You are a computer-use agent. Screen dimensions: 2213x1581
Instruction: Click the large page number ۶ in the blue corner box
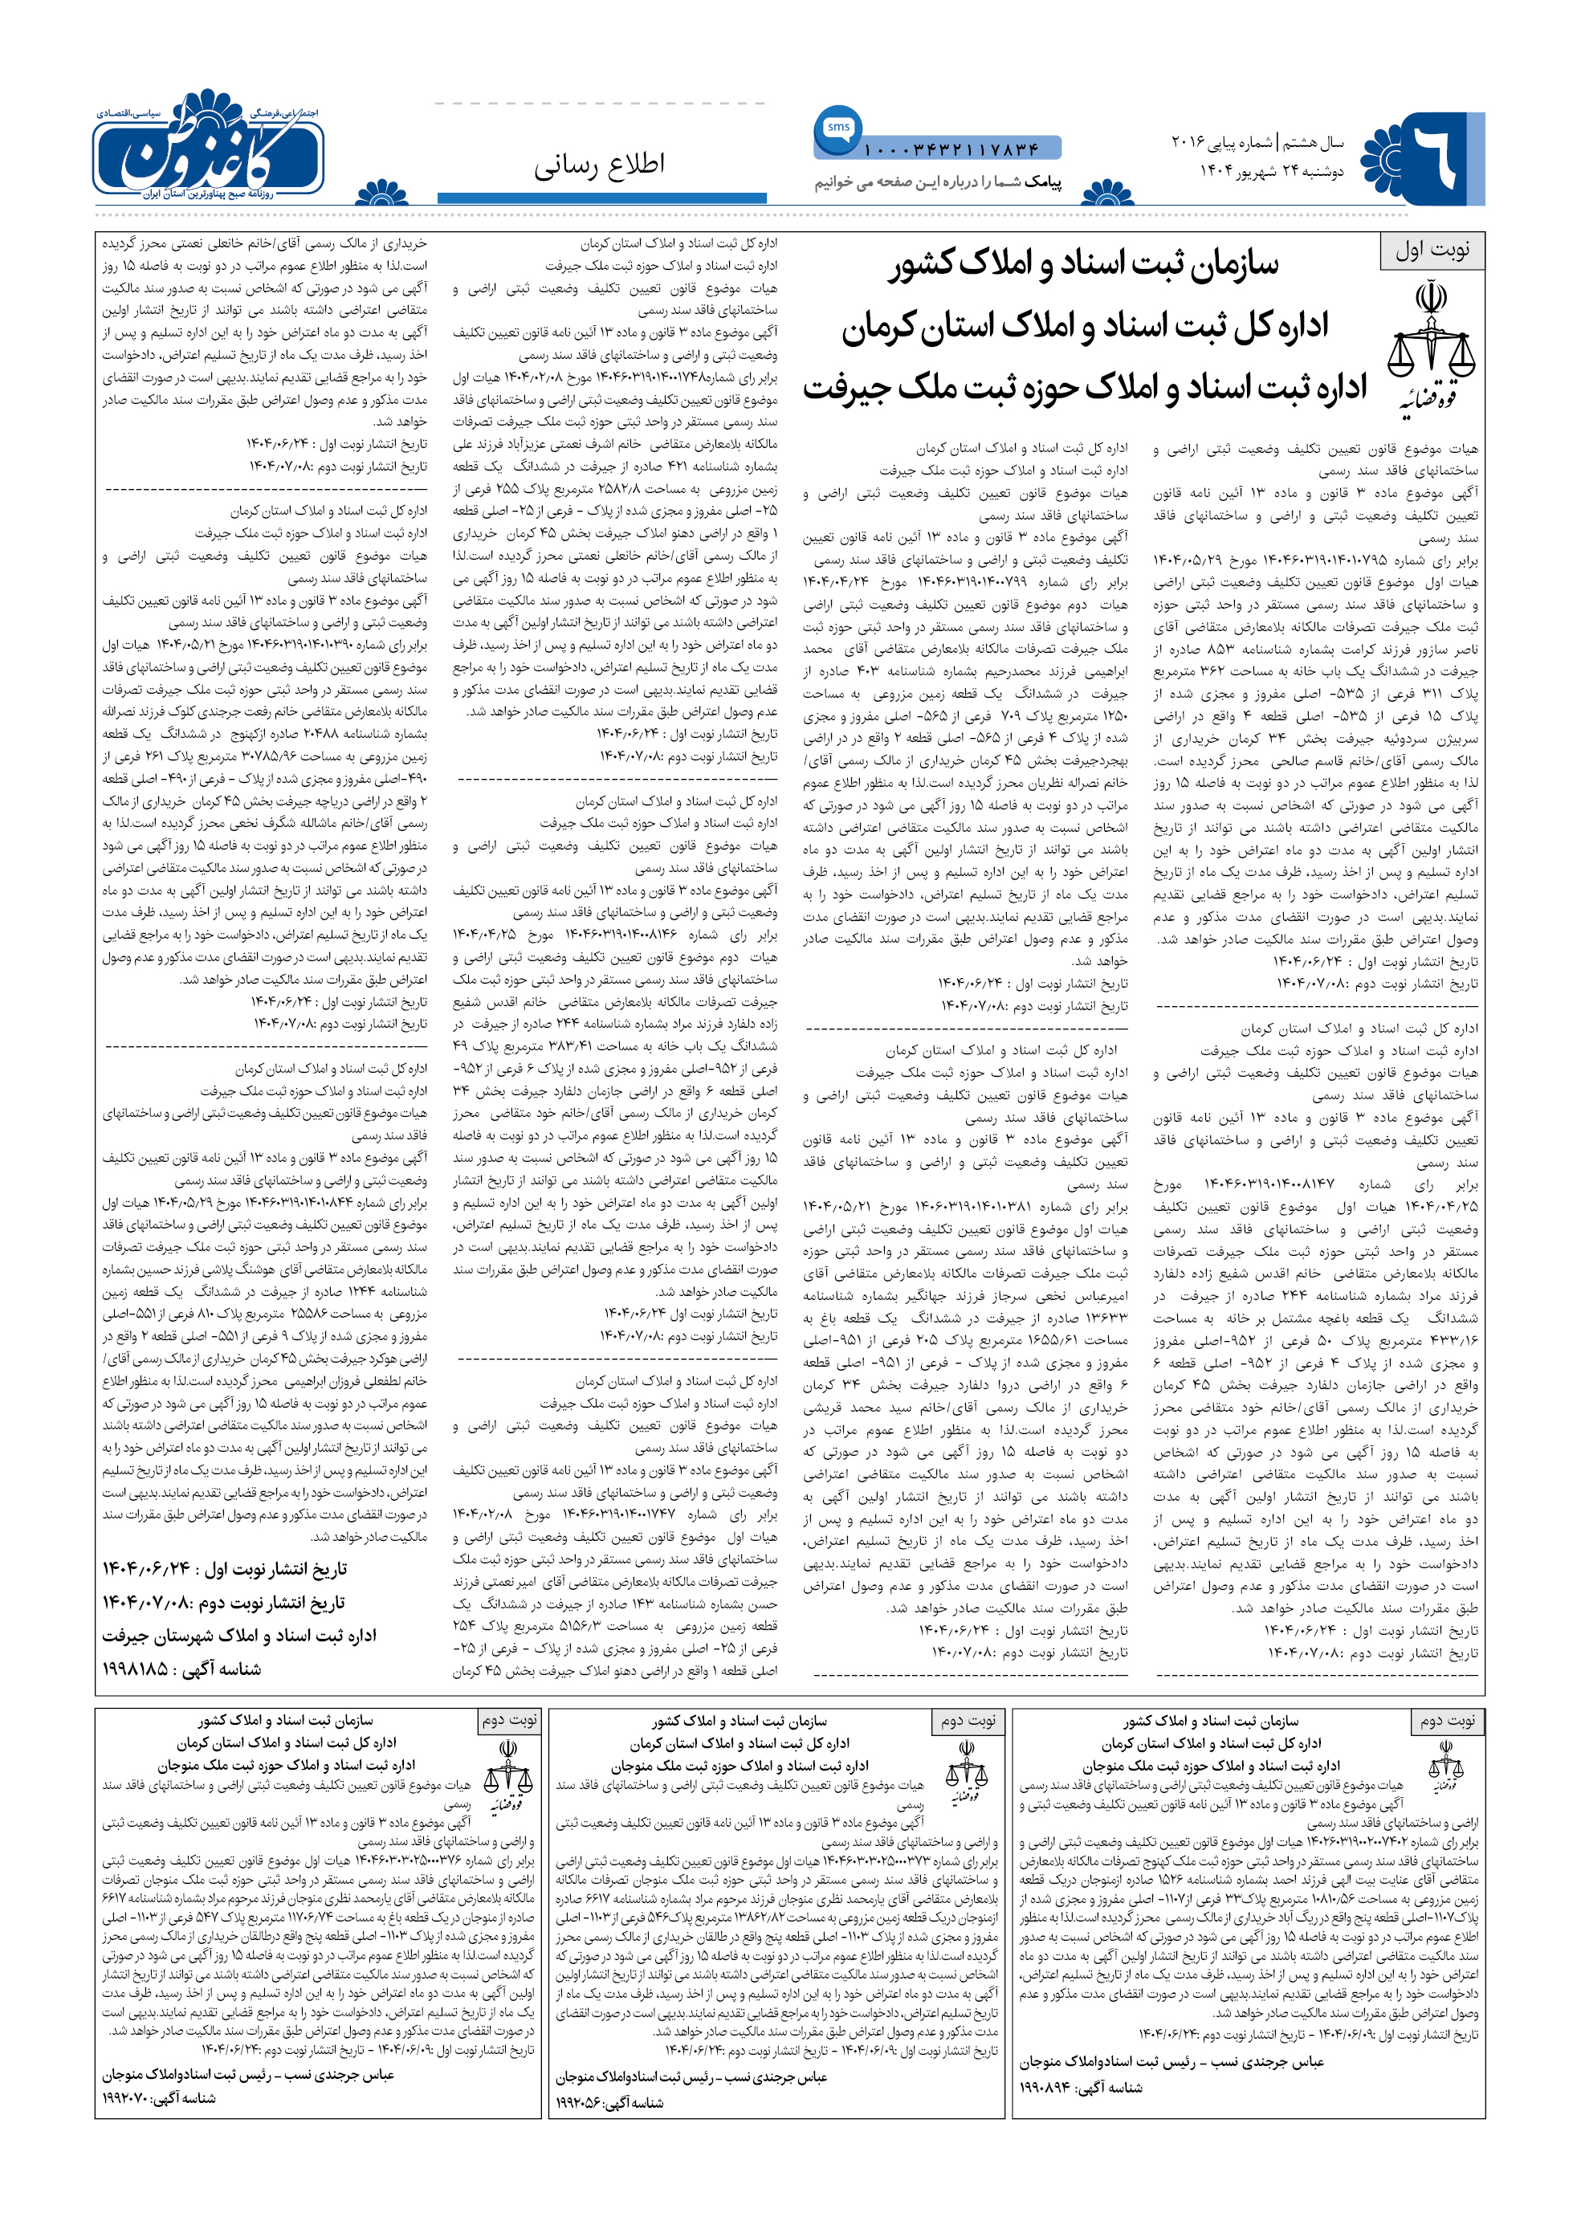(x=1439, y=156)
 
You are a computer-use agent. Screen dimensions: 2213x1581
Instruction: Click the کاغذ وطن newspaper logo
(x=210, y=146)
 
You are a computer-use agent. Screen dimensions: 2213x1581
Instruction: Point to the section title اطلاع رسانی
(x=599, y=165)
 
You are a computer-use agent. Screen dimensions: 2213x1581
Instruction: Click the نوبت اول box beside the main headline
(x=1431, y=251)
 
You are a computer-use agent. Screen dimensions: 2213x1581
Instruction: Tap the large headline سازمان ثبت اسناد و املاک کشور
(x=1082, y=265)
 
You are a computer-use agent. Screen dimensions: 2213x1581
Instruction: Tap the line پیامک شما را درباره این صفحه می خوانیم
(x=938, y=182)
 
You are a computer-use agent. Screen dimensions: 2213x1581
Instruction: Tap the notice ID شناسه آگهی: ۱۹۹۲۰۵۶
(x=610, y=2103)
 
